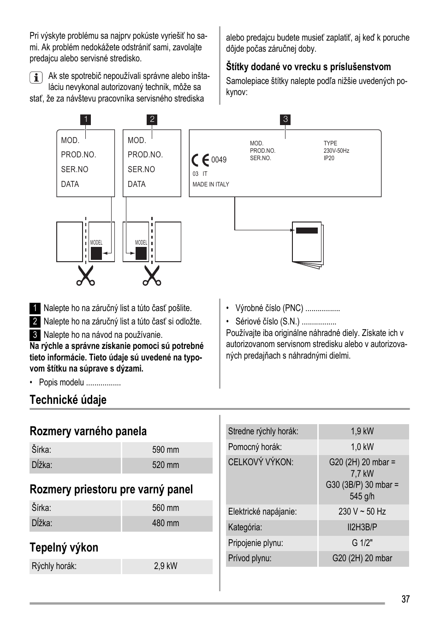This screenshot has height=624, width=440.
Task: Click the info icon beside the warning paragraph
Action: coord(36,77)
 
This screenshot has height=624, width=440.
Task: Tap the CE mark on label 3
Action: coord(200,160)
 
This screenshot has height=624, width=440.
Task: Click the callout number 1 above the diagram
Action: coord(85,120)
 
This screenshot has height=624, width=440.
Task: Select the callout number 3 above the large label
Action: coord(285,120)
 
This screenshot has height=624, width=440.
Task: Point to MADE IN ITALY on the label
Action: coord(211,185)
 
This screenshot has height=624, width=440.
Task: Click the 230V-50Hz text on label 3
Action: coord(336,151)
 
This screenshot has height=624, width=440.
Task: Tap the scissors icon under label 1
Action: coord(85,276)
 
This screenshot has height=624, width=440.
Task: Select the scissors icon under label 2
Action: coord(152,276)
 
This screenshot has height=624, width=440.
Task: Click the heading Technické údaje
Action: coord(68,400)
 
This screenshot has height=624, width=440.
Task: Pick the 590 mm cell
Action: coord(166,450)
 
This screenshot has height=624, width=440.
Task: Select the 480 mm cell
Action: coord(166,523)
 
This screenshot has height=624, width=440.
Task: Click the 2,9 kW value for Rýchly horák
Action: coord(166,566)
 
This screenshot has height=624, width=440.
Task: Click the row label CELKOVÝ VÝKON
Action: coord(261,462)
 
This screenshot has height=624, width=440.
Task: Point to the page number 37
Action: coord(405,600)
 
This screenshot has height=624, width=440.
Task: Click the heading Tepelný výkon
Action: coord(64,548)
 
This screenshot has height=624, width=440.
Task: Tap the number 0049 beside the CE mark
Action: coord(219,160)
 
